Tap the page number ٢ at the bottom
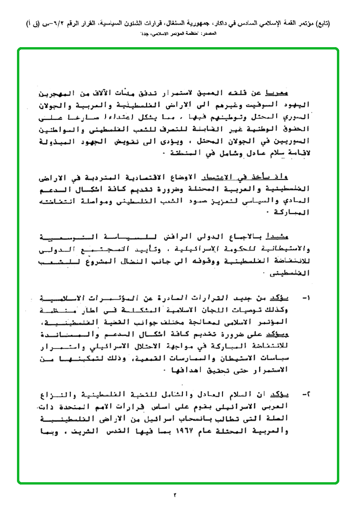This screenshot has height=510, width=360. (174, 495)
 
